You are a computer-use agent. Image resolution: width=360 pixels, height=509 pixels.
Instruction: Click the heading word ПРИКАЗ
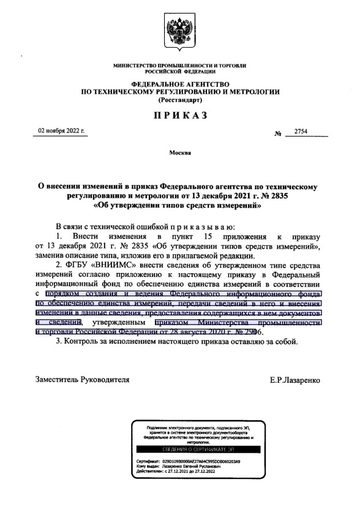180,115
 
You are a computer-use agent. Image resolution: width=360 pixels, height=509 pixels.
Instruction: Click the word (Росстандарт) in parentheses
180,100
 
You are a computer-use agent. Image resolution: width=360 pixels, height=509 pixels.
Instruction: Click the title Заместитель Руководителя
83,380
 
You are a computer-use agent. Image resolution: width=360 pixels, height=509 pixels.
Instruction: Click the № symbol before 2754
277,132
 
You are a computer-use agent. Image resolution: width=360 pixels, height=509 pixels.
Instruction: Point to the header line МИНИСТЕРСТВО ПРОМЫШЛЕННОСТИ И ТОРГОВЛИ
180,65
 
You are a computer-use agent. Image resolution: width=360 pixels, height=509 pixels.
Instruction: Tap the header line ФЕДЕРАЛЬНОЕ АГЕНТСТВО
180,83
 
